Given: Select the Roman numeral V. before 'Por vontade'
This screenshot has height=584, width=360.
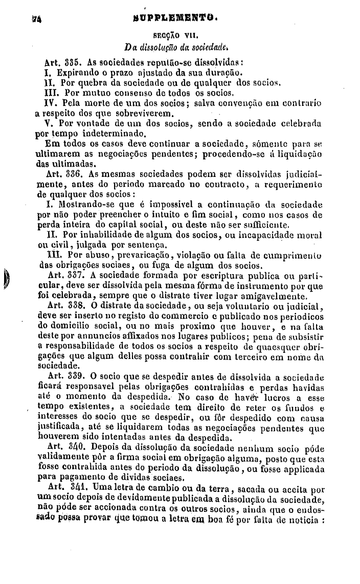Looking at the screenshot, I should [x=50, y=124].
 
